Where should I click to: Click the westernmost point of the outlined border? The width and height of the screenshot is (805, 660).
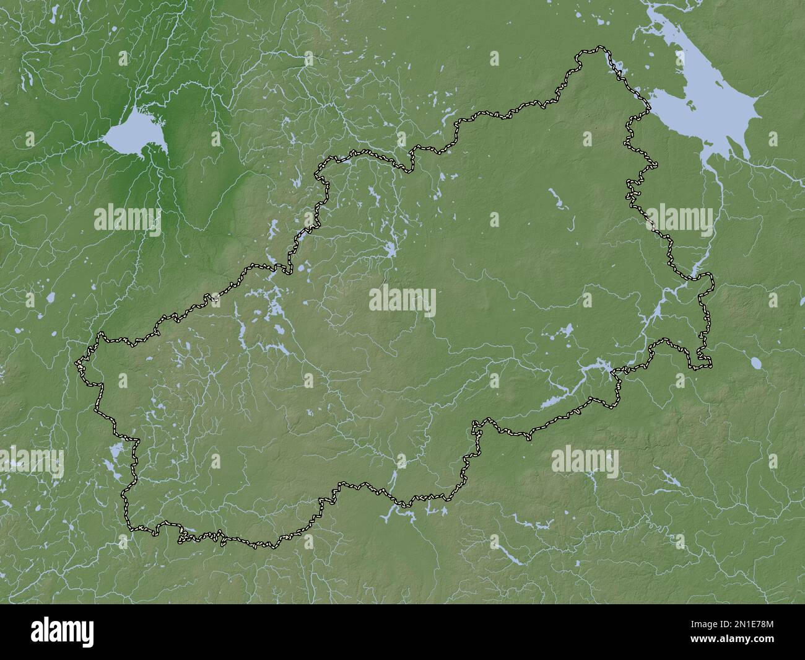tap(77, 362)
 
